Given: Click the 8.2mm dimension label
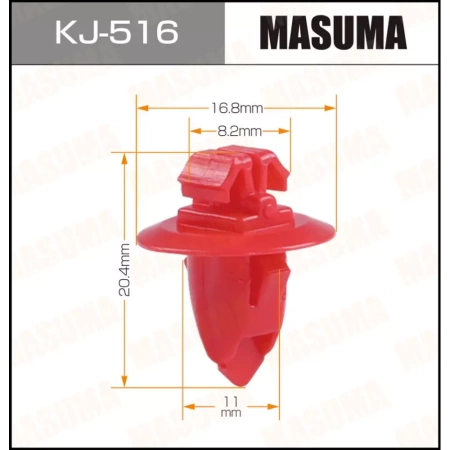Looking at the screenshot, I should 239,130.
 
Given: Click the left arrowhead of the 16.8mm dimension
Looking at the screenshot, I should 140,107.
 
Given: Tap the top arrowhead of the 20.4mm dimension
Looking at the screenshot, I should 124,155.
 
